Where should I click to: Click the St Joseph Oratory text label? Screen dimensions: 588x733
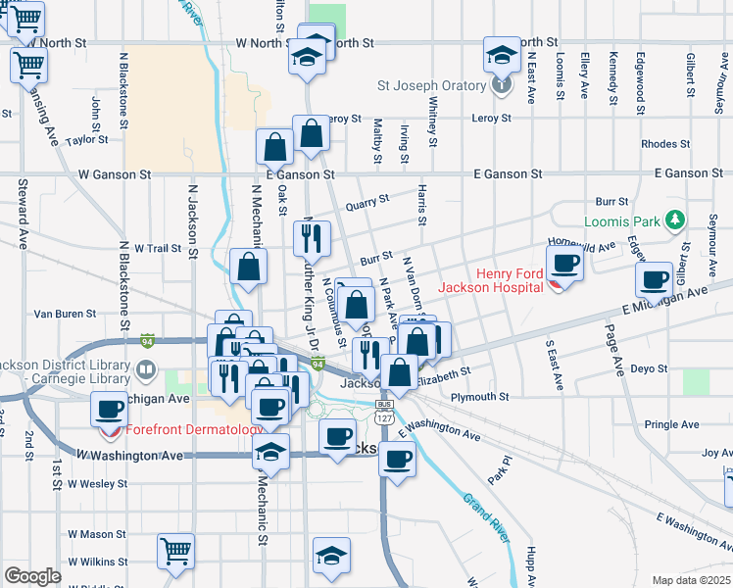[x=432, y=85]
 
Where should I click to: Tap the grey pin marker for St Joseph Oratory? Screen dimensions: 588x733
[x=501, y=85]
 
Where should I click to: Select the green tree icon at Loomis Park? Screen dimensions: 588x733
[x=674, y=220]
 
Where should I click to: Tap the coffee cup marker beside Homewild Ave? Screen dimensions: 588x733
[x=564, y=263]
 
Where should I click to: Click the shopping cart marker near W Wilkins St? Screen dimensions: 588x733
[x=175, y=550]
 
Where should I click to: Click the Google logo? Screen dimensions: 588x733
[x=32, y=576]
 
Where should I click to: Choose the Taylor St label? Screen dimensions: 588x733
[x=86, y=140]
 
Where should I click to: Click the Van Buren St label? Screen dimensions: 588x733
[x=65, y=315]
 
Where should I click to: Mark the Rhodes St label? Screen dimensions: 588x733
[x=665, y=144]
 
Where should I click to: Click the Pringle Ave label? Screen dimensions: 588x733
[x=672, y=424]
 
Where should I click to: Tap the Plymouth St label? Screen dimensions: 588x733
[x=480, y=397]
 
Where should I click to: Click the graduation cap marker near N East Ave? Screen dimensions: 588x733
[x=501, y=54]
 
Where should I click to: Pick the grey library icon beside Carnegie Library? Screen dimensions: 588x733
[x=145, y=368]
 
